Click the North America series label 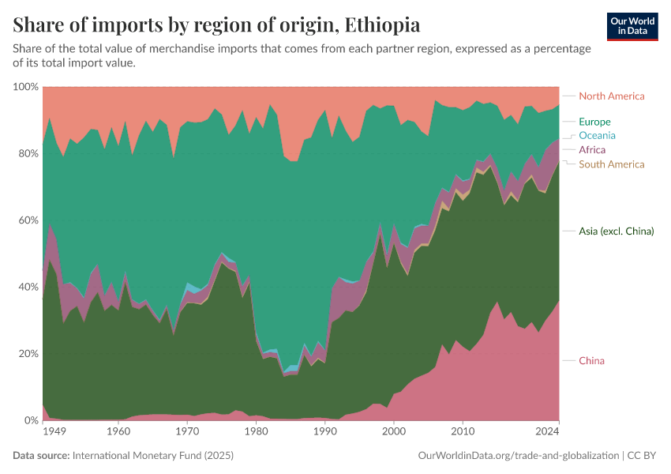click(x=611, y=96)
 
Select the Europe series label click(x=594, y=122)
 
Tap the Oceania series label click(x=597, y=135)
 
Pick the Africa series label click(x=592, y=149)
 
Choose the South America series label click(x=611, y=164)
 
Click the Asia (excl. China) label click(x=617, y=231)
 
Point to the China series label click(x=591, y=361)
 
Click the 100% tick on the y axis click(x=27, y=86)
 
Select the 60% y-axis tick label click(x=27, y=220)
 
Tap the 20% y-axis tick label click(x=27, y=353)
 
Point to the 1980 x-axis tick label click(x=256, y=432)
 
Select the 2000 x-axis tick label click(x=394, y=432)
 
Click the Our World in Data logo click(x=632, y=26)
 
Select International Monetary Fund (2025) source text click(x=152, y=456)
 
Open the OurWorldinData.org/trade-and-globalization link click(x=516, y=456)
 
